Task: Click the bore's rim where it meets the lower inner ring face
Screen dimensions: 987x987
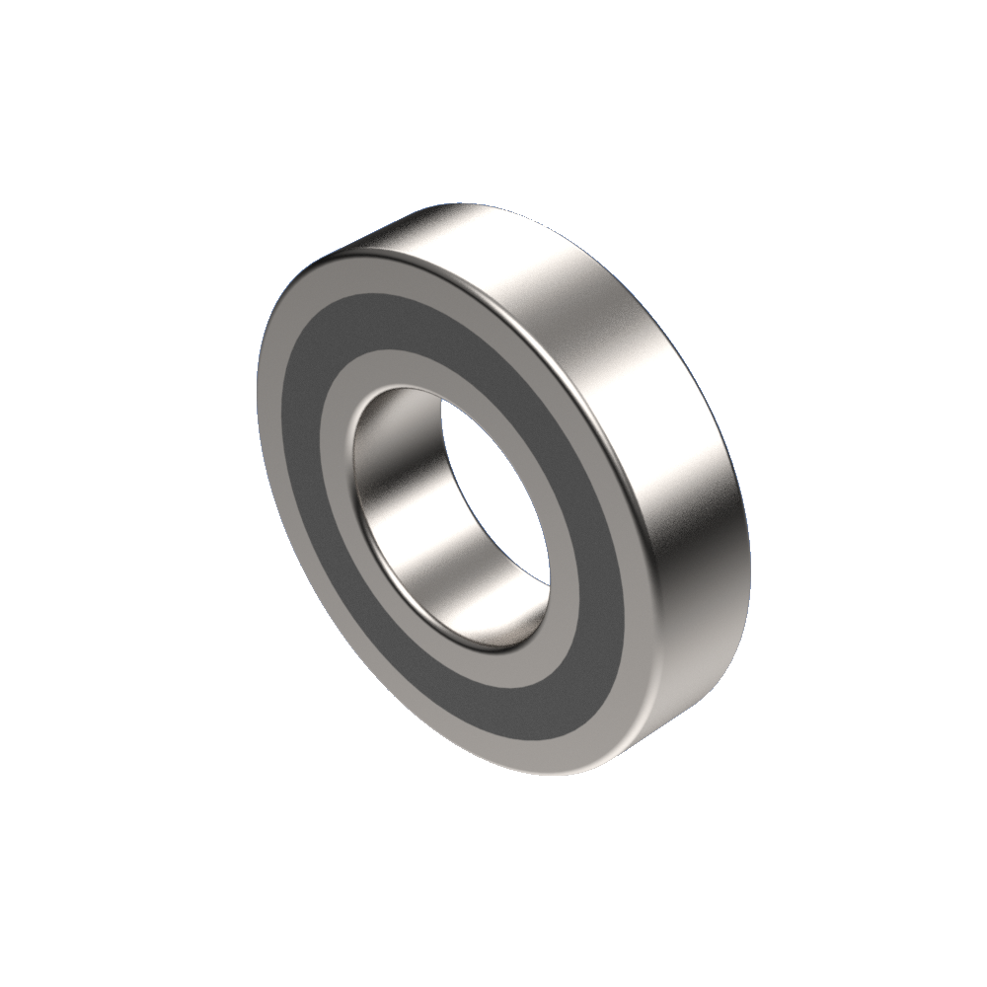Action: pyautogui.click(x=493, y=646)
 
